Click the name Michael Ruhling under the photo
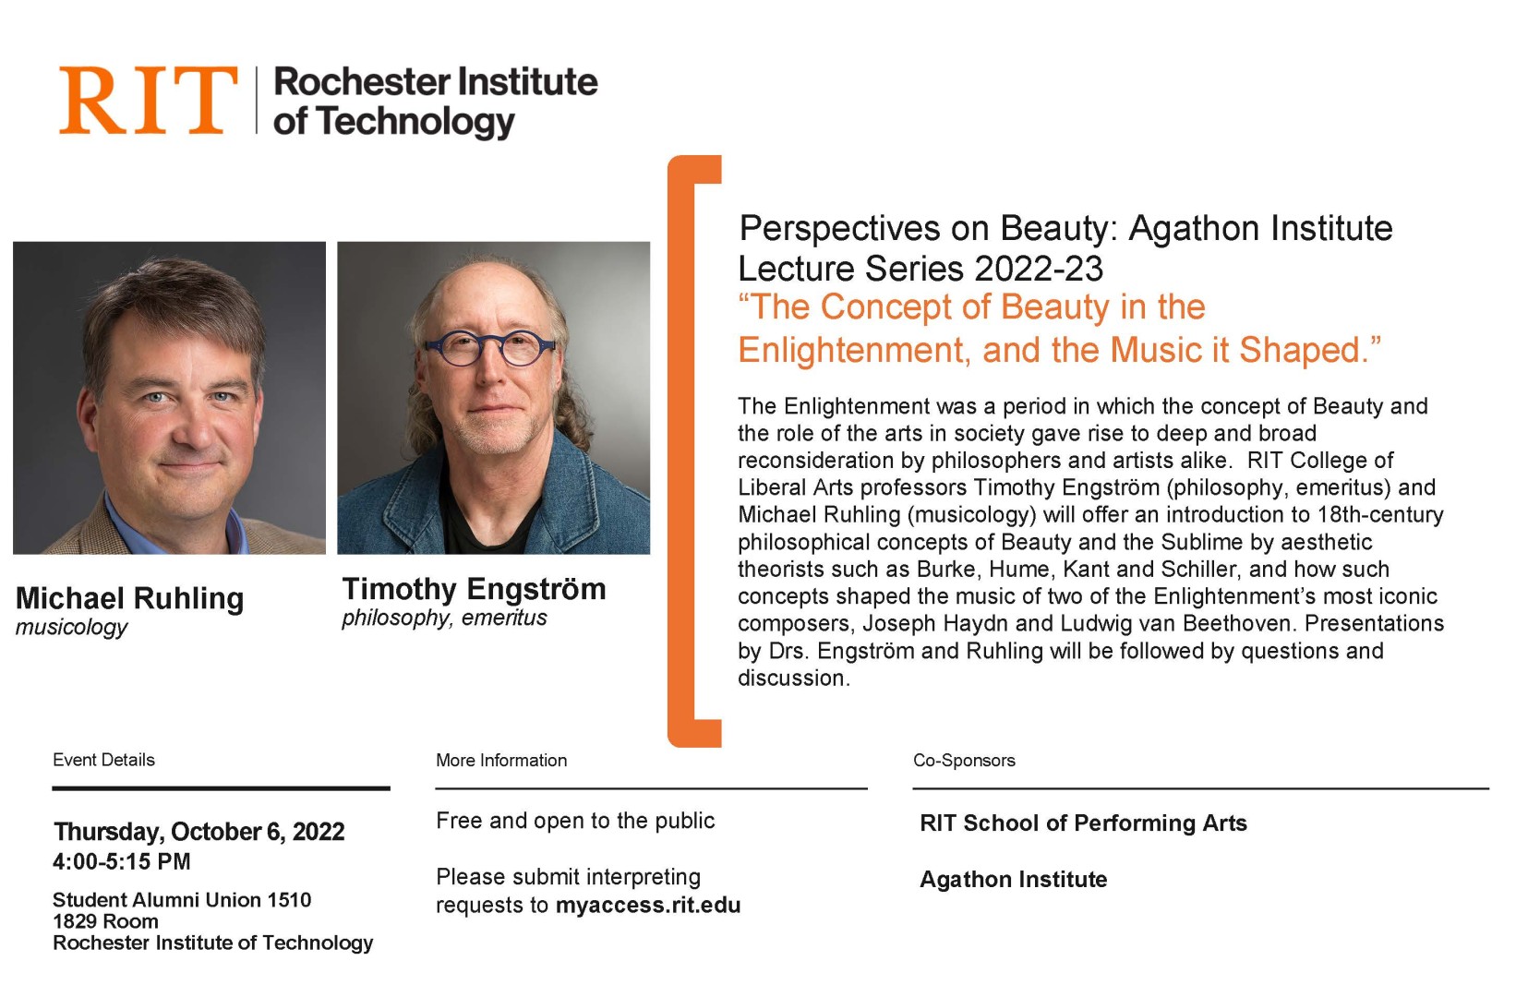[x=129, y=598]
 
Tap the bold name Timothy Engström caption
[x=475, y=589]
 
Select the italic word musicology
[x=71, y=628]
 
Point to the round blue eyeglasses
[x=489, y=348]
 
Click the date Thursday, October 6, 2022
[x=199, y=832]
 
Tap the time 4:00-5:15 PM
[x=122, y=861]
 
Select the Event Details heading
[x=103, y=760]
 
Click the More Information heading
[x=501, y=761]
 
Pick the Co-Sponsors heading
[x=964, y=761]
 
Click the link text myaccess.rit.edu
[x=648, y=906]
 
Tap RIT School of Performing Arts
[x=1084, y=823]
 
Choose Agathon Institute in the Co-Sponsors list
[x=1014, y=880]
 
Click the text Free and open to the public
[x=575, y=821]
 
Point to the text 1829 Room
[x=106, y=921]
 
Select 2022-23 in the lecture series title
[x=1039, y=268]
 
